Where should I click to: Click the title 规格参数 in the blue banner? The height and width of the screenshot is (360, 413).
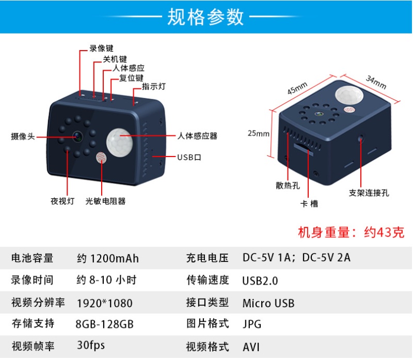tap(205, 17)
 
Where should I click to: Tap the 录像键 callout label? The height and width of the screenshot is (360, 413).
tap(101, 49)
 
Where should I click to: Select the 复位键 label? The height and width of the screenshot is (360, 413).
tap(131, 78)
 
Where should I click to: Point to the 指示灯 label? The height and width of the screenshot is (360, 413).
tap(154, 86)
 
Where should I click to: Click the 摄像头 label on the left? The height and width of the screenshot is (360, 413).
tap(23, 136)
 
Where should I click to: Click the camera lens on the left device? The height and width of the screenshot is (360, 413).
tap(78, 136)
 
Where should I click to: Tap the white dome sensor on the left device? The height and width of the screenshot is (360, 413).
tap(120, 143)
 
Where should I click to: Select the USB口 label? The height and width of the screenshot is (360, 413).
tap(189, 158)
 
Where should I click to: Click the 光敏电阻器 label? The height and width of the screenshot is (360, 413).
tap(105, 201)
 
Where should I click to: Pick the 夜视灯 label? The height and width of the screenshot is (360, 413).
tap(62, 201)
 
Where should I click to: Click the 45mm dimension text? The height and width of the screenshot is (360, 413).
tap(297, 88)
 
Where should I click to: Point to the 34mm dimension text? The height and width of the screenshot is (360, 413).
tap(376, 82)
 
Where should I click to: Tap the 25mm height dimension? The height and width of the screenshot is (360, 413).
tap(259, 133)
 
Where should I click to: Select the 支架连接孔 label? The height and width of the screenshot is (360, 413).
tap(369, 193)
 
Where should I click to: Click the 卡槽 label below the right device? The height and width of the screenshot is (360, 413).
tap(309, 204)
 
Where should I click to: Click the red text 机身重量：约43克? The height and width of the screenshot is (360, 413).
tap(351, 232)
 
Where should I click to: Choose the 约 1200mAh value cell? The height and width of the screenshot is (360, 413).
tap(108, 259)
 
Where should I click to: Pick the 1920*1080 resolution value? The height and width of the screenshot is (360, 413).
tap(105, 303)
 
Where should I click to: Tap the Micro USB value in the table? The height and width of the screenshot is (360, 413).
tap(268, 303)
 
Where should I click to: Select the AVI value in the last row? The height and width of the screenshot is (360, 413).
tap(251, 347)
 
